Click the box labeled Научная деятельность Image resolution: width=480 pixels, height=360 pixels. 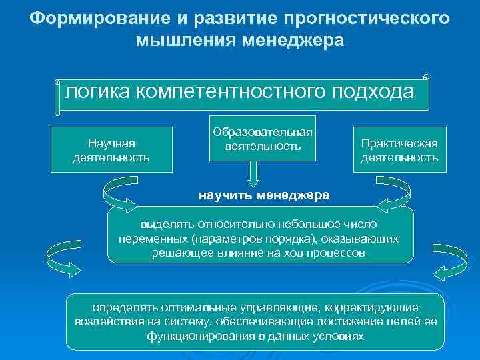click(111, 150)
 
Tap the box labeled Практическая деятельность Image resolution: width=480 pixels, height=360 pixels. click(399, 150)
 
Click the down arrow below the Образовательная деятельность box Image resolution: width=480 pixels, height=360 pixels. click(253, 175)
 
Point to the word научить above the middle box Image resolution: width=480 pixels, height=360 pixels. click(225, 195)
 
